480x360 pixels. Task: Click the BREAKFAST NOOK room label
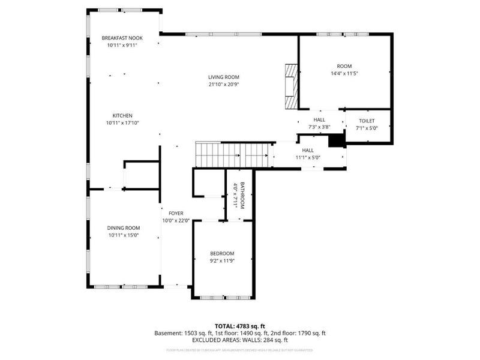(122, 38)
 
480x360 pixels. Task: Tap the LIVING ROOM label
(224, 77)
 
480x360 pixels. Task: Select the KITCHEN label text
(122, 116)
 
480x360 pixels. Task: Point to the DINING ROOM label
(124, 227)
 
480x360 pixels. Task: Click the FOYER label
(176, 214)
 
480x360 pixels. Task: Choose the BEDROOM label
(222, 253)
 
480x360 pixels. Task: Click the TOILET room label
(367, 121)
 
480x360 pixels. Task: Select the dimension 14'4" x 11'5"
(344, 73)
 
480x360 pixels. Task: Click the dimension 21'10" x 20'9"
(224, 84)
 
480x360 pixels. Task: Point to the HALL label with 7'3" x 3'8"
(319, 120)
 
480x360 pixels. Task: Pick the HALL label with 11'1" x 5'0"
(308, 151)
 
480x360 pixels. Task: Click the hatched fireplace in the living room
(290, 86)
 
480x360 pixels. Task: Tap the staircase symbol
(234, 155)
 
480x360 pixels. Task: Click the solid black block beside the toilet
(337, 140)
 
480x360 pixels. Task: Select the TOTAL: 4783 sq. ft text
(240, 326)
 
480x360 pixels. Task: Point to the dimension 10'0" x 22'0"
(176, 221)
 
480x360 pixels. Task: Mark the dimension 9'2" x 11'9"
(222, 261)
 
